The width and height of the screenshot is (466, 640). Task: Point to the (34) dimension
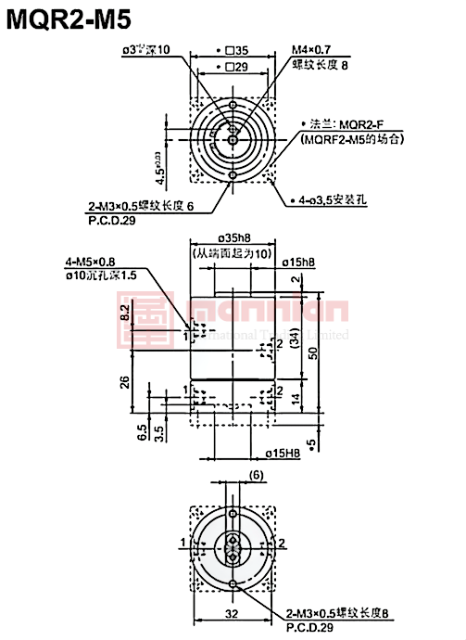click(x=295, y=340)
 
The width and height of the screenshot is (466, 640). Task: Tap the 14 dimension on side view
click(x=296, y=399)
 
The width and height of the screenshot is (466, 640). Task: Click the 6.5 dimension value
click(x=141, y=431)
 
